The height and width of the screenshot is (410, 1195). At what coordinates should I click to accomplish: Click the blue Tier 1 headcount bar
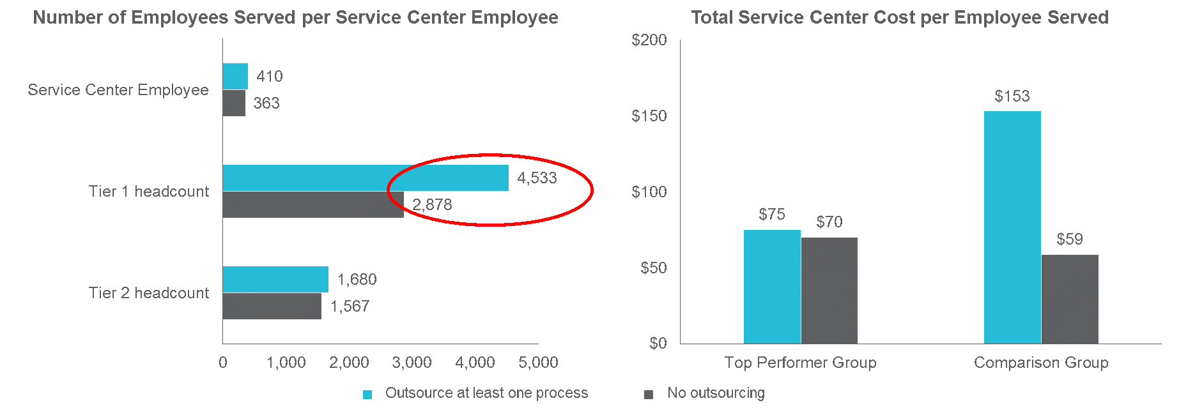[x=366, y=178]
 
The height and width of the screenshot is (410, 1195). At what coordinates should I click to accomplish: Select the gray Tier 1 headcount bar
[x=313, y=205]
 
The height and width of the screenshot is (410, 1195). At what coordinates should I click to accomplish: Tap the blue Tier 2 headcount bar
[x=275, y=279]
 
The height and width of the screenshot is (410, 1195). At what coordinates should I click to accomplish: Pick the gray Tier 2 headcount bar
[x=272, y=306]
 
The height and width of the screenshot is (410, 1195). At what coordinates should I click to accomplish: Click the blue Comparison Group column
[x=1012, y=227]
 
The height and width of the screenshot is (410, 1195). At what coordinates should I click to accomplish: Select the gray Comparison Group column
[x=1070, y=299]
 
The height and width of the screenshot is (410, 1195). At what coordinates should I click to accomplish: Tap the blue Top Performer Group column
[x=772, y=286]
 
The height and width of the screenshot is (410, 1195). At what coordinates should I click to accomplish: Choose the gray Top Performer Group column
[x=829, y=290]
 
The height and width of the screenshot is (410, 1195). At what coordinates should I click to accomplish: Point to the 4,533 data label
[x=537, y=178]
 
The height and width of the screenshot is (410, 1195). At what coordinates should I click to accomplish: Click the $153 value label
[x=1012, y=96]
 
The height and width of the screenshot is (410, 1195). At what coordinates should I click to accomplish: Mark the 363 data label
[x=266, y=103]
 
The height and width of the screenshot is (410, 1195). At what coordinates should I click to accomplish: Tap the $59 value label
[x=1070, y=239]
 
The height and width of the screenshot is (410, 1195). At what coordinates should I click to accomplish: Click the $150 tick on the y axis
[x=649, y=116]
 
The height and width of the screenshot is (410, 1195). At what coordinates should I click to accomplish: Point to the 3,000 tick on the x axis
[x=412, y=363]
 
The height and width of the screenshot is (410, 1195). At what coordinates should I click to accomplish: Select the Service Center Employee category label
[x=118, y=90]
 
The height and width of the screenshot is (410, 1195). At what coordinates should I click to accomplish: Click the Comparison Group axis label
[x=1041, y=363]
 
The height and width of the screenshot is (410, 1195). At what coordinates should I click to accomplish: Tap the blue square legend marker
[x=367, y=395]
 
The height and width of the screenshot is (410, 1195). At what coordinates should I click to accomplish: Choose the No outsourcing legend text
[x=716, y=393]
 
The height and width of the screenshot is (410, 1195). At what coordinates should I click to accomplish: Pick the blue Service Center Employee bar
[x=235, y=76]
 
